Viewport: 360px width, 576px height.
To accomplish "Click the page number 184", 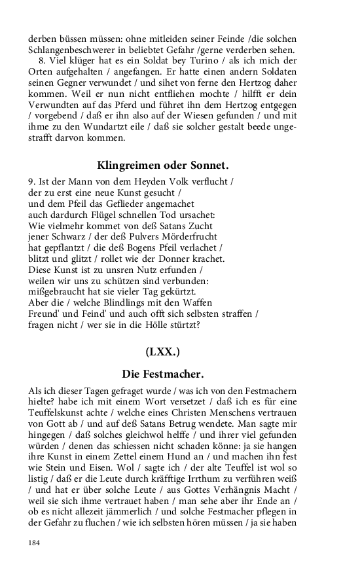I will (34, 543).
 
